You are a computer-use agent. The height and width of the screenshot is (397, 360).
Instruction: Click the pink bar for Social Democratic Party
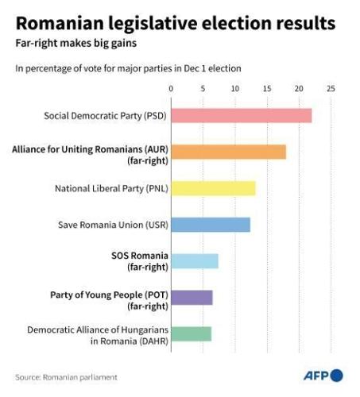point(241,116)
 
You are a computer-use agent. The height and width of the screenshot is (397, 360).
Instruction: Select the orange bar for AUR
point(228,152)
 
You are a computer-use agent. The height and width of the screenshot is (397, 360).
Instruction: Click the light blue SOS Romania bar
point(194,261)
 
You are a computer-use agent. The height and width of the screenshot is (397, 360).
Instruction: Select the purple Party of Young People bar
point(192,298)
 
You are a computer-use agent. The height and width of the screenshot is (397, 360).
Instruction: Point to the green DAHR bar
point(191,333)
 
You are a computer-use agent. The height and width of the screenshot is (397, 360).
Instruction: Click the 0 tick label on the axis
point(171,88)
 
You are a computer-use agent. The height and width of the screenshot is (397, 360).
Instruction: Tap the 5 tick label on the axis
point(203,88)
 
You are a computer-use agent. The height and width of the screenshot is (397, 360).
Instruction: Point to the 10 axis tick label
point(234,88)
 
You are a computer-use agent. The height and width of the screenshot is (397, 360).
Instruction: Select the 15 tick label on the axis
point(266,88)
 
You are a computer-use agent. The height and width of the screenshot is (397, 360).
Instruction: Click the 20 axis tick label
point(298,88)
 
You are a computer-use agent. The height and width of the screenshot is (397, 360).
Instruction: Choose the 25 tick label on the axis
point(331,88)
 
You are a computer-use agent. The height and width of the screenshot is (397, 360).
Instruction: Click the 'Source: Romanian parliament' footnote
point(67,376)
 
